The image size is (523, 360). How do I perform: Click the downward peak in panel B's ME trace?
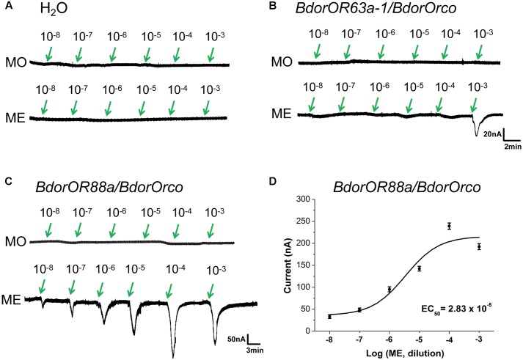478,134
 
